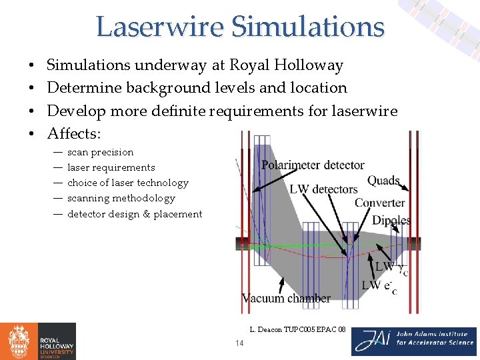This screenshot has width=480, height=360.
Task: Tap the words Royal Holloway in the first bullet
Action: pyautogui.click(x=286, y=65)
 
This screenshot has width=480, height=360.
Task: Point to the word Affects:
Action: pyautogui.click(x=74, y=134)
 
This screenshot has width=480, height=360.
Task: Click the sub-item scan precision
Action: pyautogui.click(x=100, y=152)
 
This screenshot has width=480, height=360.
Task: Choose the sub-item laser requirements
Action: pyautogui.click(x=111, y=167)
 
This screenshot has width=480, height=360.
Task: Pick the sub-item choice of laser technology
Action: pyautogui.click(x=127, y=183)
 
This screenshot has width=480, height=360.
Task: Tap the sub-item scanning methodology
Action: pyautogui.click(x=121, y=198)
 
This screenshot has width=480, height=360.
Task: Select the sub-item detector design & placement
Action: pyautogui.click(x=134, y=214)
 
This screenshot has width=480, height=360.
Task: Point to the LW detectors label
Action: pyautogui.click(x=323, y=189)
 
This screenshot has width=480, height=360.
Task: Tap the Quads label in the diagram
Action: pyautogui.click(x=383, y=181)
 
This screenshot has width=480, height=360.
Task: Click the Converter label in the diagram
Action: pyautogui.click(x=379, y=203)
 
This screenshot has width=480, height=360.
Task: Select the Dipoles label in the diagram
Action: pyautogui.click(x=391, y=221)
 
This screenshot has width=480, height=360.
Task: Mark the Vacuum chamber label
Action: pyautogui.click(x=286, y=299)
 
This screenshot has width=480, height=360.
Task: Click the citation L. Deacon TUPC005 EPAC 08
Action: pyautogui.click(x=297, y=329)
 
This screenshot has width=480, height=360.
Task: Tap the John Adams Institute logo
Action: pyautogui.click(x=414, y=341)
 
